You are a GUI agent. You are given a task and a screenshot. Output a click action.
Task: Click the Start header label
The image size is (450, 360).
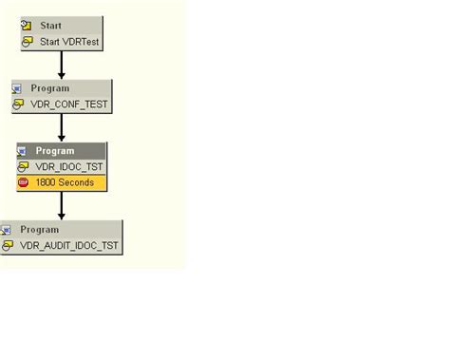(50, 26)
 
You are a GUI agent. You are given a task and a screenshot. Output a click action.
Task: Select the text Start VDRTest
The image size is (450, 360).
(68, 42)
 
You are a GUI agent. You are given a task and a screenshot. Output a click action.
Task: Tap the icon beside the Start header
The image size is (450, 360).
(28, 26)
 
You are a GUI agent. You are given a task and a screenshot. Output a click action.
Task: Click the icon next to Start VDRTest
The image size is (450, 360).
(28, 42)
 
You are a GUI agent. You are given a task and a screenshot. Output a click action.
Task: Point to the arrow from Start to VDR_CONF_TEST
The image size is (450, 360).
(62, 65)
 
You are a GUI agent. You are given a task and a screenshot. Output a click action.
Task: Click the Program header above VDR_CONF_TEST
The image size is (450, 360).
(49, 88)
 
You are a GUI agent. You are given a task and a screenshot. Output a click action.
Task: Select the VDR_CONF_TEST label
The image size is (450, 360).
(69, 104)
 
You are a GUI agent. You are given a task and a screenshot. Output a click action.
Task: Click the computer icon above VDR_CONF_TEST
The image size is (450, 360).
(17, 88)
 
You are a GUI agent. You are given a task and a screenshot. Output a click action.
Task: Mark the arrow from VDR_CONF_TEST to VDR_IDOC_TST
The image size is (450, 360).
(62, 127)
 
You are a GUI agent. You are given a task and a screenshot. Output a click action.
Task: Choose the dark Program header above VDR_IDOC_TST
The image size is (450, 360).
(55, 151)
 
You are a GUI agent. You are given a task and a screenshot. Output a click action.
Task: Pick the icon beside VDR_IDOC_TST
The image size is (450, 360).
(24, 166)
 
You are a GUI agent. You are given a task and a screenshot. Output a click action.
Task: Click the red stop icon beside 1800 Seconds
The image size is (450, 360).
(24, 182)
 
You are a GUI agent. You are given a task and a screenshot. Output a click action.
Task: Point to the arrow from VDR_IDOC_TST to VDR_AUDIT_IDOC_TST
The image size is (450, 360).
(62, 205)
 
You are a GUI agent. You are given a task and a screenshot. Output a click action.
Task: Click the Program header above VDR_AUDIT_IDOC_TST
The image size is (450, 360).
(39, 230)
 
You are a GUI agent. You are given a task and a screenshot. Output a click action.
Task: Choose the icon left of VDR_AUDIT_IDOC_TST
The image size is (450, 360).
(9, 245)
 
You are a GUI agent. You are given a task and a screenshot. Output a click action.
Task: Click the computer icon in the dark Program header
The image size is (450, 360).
(23, 151)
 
